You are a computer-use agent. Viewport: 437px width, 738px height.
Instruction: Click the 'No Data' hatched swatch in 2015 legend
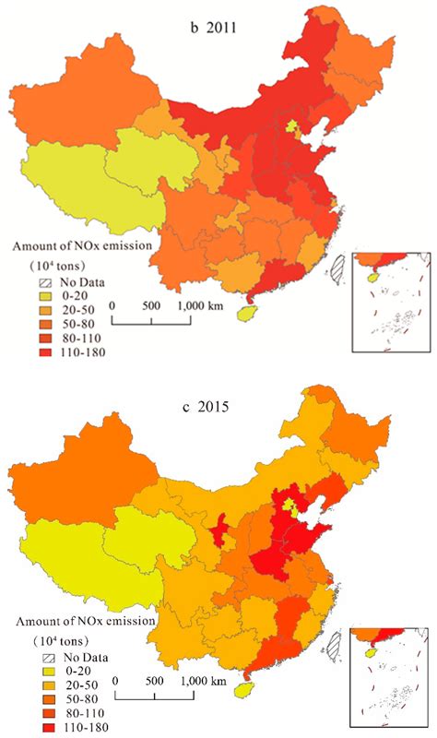pos(52,657)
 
